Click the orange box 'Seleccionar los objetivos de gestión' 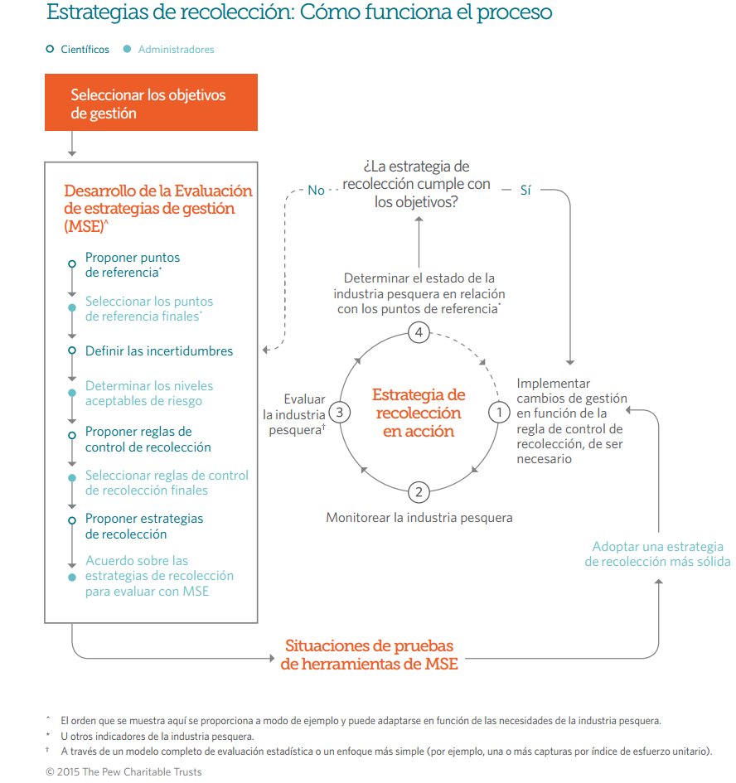click(x=151, y=103)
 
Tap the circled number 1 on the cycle click(x=498, y=412)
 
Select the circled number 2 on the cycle click(x=419, y=492)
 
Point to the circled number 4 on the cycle click(x=419, y=333)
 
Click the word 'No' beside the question click(x=316, y=191)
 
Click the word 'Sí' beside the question click(x=525, y=191)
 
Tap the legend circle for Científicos click(x=51, y=50)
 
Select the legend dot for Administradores click(x=127, y=50)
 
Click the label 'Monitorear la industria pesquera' click(x=419, y=518)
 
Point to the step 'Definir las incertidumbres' click(x=159, y=351)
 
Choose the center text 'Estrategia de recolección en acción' click(x=419, y=413)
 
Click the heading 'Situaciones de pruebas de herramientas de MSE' click(x=369, y=655)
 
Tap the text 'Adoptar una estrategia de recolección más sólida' click(x=657, y=554)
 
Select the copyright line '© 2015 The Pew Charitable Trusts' click(x=123, y=771)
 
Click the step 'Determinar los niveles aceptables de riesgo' click(x=149, y=394)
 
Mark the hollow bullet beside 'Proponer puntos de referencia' click(x=72, y=264)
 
